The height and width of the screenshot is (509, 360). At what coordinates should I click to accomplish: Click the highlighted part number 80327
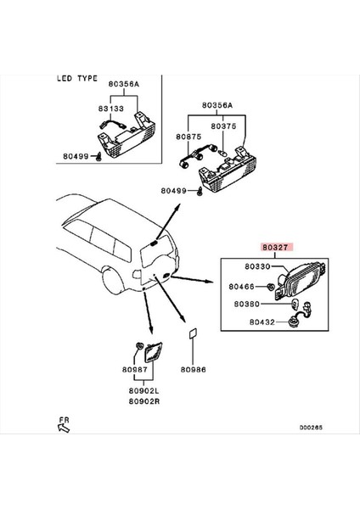[x=275, y=248]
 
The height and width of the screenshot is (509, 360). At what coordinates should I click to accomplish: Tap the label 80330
[x=257, y=266]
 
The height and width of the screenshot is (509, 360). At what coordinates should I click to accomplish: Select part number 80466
[x=241, y=287]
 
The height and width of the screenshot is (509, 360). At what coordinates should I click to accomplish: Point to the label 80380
[x=247, y=305]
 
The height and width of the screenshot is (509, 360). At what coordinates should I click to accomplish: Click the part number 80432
[x=262, y=322]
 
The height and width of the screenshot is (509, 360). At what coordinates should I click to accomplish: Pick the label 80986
[x=194, y=369]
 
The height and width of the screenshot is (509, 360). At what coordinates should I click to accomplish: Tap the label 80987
[x=135, y=369]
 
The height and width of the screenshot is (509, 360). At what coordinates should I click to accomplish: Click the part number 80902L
[x=144, y=391]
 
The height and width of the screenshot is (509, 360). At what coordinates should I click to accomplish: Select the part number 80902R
[x=144, y=401]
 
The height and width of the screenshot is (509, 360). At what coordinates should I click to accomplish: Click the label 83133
[x=111, y=109]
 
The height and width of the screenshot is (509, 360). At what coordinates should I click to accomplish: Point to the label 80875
[x=188, y=137]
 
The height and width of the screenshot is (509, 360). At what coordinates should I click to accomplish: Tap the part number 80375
[x=223, y=126]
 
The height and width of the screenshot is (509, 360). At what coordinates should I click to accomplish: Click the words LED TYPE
[x=77, y=79]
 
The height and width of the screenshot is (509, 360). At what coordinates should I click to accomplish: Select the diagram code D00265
[x=311, y=428]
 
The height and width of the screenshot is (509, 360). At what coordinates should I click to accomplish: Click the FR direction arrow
[x=64, y=428]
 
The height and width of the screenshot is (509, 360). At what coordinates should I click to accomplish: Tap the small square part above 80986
[x=193, y=334]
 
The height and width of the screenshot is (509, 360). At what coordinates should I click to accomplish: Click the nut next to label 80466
[x=270, y=287]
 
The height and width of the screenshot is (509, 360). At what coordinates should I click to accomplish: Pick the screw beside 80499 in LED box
[x=98, y=157]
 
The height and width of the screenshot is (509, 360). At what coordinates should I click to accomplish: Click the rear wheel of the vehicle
[x=113, y=281]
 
